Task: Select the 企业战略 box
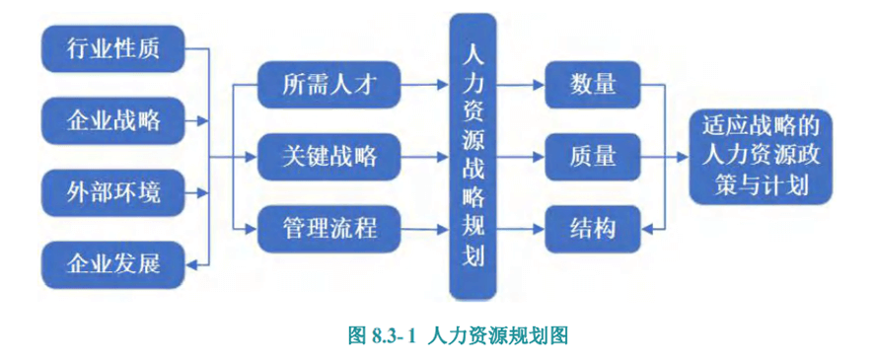[x=113, y=120]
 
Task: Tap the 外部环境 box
[x=113, y=192]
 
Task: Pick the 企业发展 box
[x=113, y=264]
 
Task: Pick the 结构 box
[x=592, y=229]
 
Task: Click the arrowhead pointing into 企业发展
[x=193, y=264]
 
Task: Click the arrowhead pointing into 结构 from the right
[x=647, y=229]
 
